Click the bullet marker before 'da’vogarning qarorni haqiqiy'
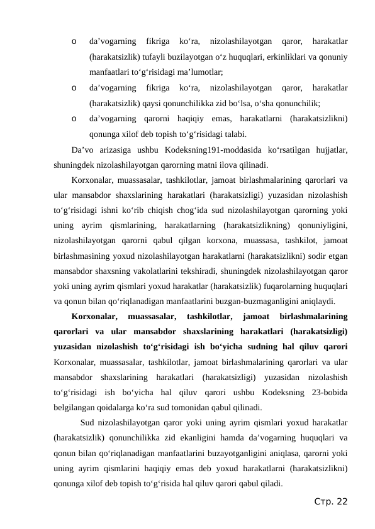(74, 119)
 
